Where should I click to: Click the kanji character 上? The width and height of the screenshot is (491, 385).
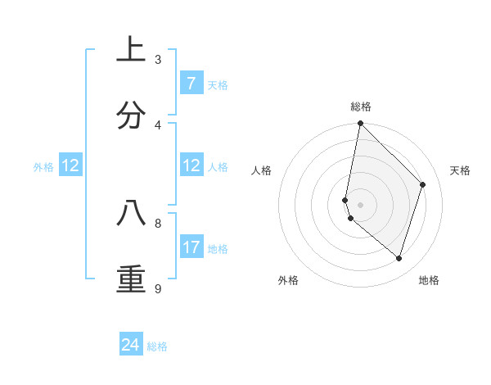click(x=131, y=49)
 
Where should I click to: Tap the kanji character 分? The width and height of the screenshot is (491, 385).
click(x=131, y=115)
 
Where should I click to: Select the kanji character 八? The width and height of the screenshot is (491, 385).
click(x=131, y=213)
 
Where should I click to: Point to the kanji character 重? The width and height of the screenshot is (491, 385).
click(x=131, y=279)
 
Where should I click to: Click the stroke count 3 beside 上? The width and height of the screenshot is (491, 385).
click(x=158, y=59)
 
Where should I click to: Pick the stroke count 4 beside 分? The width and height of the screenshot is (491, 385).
click(x=158, y=125)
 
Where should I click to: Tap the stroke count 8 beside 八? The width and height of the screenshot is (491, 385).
click(x=158, y=222)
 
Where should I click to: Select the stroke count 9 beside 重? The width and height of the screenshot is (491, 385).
click(x=158, y=288)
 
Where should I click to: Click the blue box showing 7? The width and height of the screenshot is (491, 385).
click(x=191, y=84)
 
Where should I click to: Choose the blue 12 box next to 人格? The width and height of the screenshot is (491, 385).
click(x=191, y=165)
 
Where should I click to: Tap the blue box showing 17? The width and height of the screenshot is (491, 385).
click(x=191, y=247)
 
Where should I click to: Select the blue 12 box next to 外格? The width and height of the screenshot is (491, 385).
click(x=70, y=165)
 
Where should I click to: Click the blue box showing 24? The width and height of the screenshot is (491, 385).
click(x=131, y=345)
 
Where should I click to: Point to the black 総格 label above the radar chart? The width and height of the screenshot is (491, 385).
click(x=361, y=106)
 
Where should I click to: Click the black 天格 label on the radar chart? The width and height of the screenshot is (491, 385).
click(x=460, y=170)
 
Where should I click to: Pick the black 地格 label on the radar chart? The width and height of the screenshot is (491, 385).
click(x=429, y=280)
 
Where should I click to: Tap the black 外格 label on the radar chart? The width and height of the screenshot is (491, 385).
click(x=288, y=280)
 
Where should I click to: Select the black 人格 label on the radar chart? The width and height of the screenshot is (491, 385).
click(x=262, y=170)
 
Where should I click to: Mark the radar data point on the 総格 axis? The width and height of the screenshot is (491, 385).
click(x=360, y=124)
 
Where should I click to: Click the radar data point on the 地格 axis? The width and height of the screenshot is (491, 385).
click(x=399, y=258)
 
